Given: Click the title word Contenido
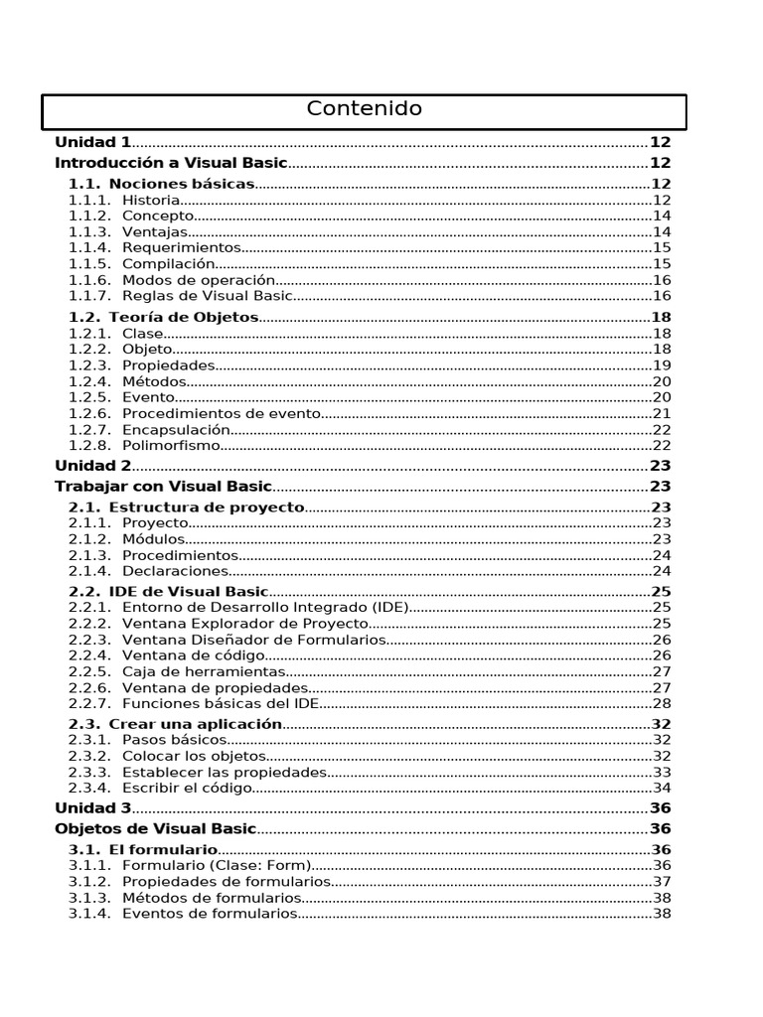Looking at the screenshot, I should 364,109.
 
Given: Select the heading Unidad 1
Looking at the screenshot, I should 92,142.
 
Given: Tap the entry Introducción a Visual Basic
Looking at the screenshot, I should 171,163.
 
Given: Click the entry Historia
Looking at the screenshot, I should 151,200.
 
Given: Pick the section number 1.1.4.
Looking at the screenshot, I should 88,247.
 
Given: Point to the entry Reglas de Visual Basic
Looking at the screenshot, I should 207,295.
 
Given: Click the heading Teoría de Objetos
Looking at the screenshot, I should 184,317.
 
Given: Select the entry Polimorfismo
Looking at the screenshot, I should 170,445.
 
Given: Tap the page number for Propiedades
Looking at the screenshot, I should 662,365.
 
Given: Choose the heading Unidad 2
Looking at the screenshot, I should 92,465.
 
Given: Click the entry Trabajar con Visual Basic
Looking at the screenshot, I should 163,486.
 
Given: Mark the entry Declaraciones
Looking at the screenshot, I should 175,571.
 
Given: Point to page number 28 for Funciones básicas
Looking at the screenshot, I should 662,702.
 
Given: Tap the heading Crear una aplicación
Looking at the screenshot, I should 196,724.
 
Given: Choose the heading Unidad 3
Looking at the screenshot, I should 92,807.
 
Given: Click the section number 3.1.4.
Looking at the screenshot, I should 88,913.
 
